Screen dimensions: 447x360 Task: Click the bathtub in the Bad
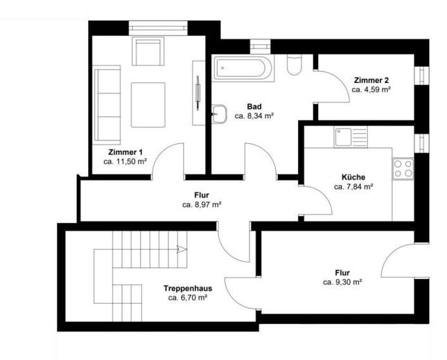(243, 68)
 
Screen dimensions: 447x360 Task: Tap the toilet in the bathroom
(295, 64)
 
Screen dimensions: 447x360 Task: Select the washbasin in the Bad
(219, 114)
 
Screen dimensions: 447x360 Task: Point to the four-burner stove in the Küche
(403, 169)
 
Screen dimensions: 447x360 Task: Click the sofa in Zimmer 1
(107, 105)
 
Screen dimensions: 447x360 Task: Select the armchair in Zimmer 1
(148, 51)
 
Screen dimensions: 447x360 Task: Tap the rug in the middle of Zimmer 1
(148, 105)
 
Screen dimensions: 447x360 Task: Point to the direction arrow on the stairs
(182, 249)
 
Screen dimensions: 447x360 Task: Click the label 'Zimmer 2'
(371, 80)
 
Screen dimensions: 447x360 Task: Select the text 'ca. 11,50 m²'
(125, 162)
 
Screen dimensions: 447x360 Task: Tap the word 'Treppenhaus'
(188, 289)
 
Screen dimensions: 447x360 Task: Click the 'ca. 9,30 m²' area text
(342, 282)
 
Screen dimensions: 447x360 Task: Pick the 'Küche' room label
(353, 177)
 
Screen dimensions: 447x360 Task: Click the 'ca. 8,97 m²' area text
(202, 204)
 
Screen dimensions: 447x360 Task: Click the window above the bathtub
(260, 47)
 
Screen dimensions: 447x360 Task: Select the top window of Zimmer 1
(158, 28)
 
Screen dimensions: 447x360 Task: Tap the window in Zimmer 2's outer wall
(421, 75)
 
